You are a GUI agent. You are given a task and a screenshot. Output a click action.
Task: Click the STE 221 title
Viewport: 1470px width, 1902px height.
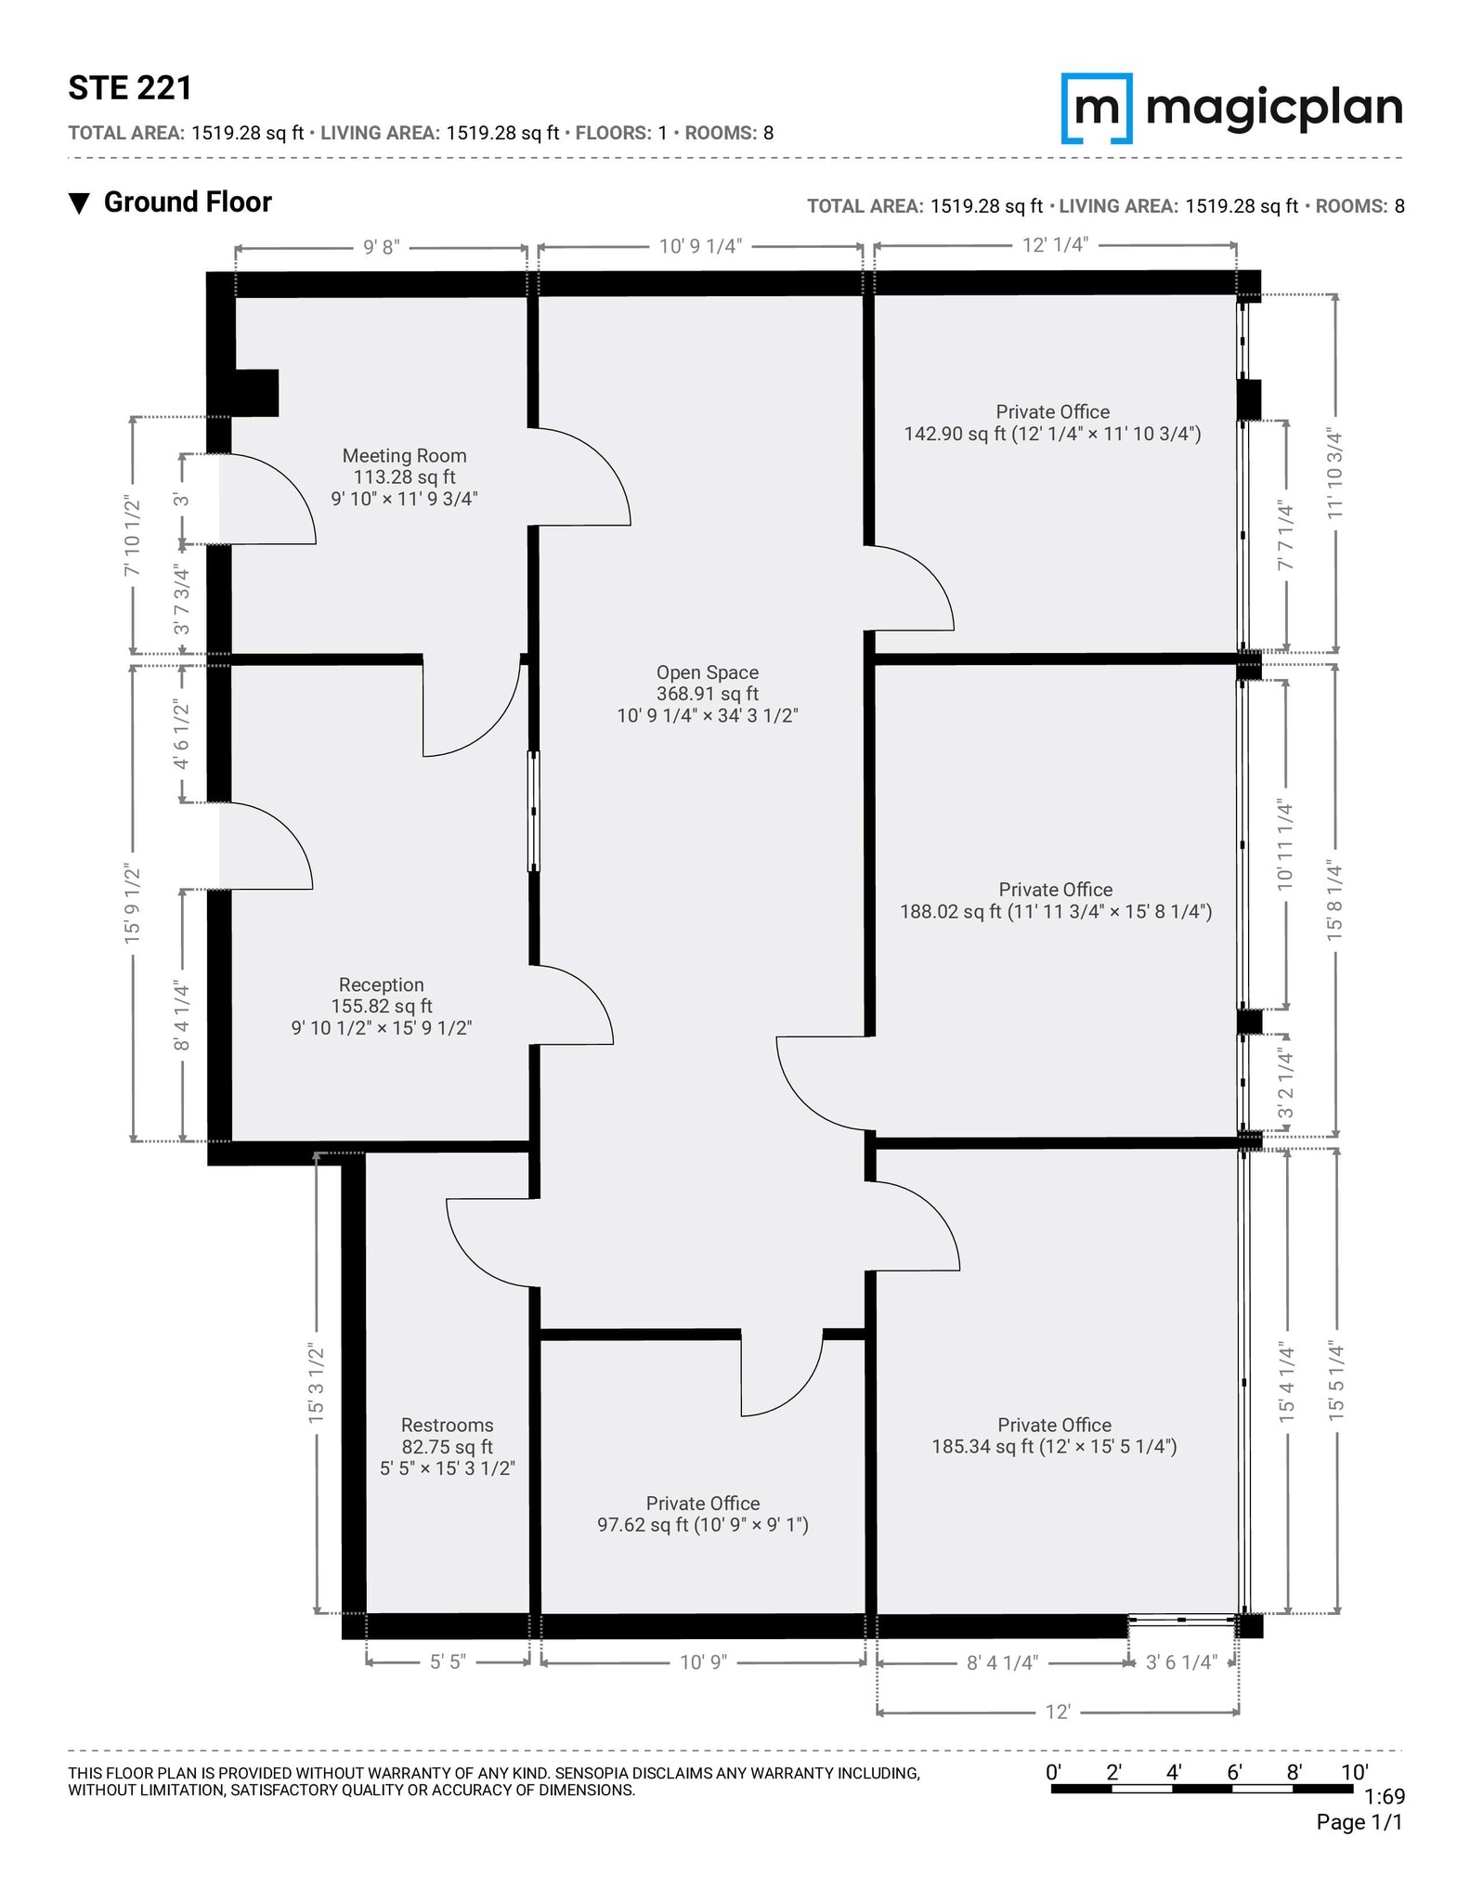130,88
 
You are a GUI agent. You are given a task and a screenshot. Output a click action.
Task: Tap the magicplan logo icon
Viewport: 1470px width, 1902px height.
1097,109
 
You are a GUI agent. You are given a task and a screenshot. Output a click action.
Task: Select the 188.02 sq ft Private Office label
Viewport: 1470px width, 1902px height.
1055,901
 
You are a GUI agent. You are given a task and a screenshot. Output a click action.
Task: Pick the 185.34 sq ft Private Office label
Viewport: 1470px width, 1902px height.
1054,1436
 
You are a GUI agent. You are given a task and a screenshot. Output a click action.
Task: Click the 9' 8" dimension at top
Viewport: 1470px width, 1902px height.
381,247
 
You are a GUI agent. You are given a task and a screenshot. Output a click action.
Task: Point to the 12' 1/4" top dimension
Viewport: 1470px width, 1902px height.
1055,245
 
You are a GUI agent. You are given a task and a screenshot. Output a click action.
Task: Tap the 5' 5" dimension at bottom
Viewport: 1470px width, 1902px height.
448,1662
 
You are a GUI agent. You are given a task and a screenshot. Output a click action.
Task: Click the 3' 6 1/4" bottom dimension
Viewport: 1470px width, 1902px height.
1181,1662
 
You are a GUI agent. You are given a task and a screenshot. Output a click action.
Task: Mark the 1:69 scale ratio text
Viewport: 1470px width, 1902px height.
1385,1797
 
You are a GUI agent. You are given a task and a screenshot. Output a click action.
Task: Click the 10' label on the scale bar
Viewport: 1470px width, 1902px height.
1354,1772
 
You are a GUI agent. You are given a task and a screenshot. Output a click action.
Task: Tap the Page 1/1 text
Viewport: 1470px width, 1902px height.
1359,1822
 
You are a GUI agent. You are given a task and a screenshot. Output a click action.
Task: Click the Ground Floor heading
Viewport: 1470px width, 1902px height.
187,202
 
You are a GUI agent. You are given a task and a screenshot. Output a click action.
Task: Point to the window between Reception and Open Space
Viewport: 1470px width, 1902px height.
534,812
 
